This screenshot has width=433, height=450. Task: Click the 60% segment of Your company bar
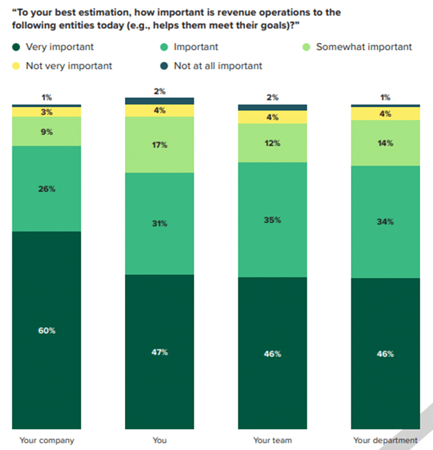(46, 330)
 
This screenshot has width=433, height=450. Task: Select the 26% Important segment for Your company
(46, 189)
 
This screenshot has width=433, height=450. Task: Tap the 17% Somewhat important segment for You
(160, 145)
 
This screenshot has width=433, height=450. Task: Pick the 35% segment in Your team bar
(272, 219)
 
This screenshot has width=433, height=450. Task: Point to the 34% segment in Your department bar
(386, 222)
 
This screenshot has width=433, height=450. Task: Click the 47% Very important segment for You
(160, 352)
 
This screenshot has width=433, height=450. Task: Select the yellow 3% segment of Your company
(46, 112)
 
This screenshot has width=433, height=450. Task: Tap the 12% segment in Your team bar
(272, 143)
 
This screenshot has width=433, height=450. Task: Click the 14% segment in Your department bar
(386, 143)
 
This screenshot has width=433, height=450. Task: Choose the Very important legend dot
(15, 48)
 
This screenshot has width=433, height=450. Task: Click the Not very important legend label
(68, 66)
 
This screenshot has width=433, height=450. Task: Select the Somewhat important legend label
(363, 47)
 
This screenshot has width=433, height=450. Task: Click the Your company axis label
(46, 441)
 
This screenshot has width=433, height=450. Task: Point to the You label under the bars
(160, 441)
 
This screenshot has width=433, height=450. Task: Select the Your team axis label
(272, 441)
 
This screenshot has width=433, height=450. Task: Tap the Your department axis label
(386, 441)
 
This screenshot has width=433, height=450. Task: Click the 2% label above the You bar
(160, 91)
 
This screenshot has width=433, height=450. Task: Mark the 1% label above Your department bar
(386, 97)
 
